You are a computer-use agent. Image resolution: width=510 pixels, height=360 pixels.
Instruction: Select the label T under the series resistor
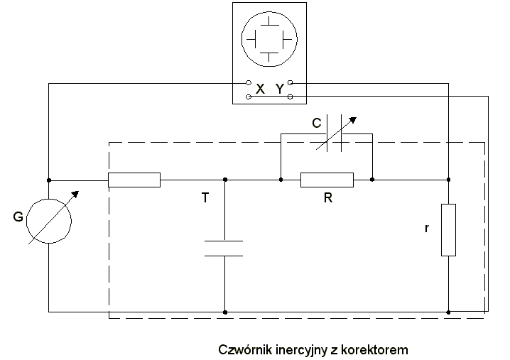pos(205,200)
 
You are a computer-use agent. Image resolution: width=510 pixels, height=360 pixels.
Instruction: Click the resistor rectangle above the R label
pos(327,180)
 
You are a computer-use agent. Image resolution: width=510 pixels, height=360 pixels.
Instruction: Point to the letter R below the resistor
pos(327,200)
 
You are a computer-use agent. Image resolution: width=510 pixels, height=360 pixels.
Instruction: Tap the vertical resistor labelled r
pos(448,229)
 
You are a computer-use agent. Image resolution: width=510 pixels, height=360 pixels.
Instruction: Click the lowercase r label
pos(427,230)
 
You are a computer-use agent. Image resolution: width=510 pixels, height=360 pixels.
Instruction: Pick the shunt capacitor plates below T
pos(224,249)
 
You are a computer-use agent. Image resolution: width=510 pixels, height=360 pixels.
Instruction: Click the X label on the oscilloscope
pos(260,89)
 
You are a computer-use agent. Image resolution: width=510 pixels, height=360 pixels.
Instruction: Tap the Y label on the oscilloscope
pos(279,89)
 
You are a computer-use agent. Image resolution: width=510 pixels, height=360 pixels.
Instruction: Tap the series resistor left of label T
pos(134,180)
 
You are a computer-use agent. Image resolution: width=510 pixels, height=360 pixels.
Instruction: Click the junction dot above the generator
pos(48,180)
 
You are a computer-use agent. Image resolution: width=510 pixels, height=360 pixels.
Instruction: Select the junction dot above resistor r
pos(448,180)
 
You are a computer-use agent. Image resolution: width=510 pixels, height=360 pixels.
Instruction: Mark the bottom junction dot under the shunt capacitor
pos(224,311)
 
